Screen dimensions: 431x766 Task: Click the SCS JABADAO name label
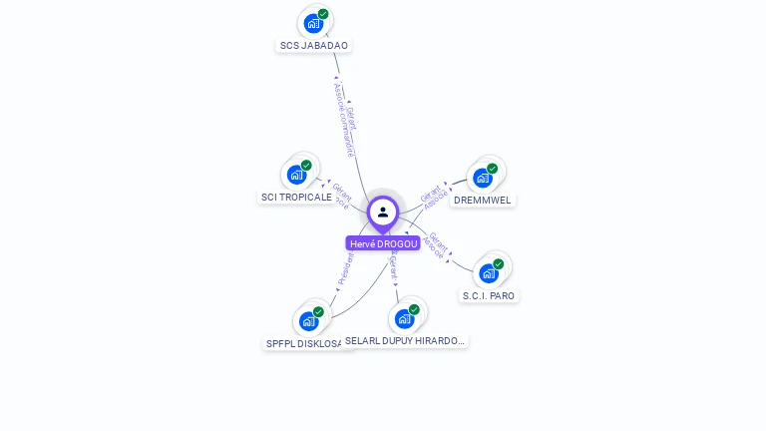(314, 45)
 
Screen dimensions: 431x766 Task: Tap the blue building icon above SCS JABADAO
(314, 23)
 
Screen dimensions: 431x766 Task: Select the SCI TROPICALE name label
(296, 197)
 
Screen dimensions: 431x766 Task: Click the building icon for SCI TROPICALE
(296, 175)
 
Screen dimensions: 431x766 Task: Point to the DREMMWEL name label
(483, 200)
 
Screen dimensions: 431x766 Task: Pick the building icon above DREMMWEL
(483, 178)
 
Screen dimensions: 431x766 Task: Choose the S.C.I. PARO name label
(489, 295)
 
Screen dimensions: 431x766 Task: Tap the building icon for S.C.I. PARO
(489, 272)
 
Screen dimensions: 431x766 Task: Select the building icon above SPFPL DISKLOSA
(308, 320)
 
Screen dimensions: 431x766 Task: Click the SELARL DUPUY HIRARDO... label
(405, 340)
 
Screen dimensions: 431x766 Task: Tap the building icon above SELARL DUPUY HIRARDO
(404, 318)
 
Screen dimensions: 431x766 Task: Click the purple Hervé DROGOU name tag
(383, 243)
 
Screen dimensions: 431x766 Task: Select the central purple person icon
(383, 212)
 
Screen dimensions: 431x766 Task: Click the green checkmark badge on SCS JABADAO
(323, 14)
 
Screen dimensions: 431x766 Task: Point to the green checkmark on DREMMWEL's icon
(492, 169)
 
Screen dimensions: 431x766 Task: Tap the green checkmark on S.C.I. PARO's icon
(498, 264)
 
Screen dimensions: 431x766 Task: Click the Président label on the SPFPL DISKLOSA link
(346, 269)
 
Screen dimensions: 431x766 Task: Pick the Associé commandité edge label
(342, 119)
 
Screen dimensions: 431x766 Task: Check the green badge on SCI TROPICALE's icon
(306, 166)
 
